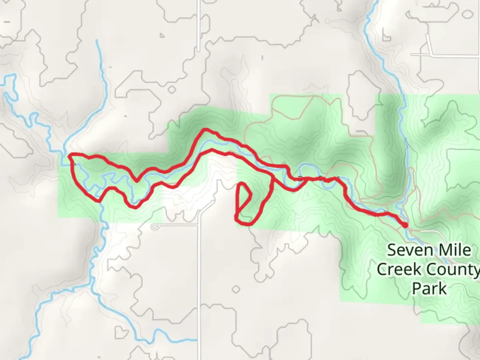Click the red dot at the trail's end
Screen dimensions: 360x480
pyautogui.click(x=405, y=225)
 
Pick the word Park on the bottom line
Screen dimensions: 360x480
pyautogui.click(x=429, y=289)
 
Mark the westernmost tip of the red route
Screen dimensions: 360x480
pyautogui.click(x=69, y=155)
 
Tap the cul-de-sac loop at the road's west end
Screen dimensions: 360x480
pyautogui.click(x=154, y=227)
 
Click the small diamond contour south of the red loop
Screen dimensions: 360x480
pyautogui.click(x=236, y=289)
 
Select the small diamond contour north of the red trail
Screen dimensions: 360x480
pyautogui.click(x=172, y=90)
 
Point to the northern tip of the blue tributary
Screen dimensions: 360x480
pyautogui.click(x=97, y=41)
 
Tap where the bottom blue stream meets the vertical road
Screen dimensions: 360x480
pyautogui.click(x=199, y=340)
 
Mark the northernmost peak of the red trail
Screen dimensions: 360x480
pyautogui.click(x=206, y=129)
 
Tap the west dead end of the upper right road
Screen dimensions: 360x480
pyautogui.click(x=412, y=54)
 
